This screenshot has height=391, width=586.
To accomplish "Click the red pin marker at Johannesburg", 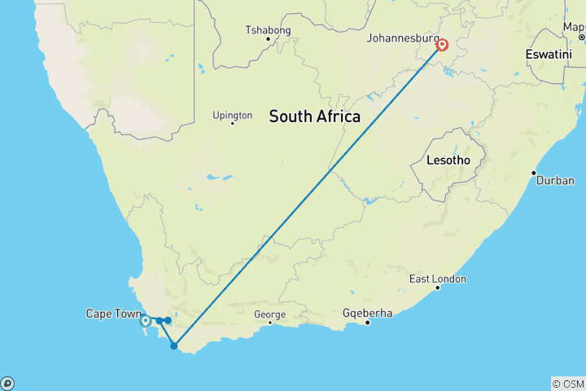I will pos(442,45).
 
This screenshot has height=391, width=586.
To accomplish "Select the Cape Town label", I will pos(111,314).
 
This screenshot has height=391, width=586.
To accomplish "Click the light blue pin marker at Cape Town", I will pos(145,321).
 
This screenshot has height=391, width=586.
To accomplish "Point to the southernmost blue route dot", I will pos(173,346).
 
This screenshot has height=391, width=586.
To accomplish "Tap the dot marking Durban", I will pos(534,173).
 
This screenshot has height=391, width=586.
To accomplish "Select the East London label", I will pos(438,279).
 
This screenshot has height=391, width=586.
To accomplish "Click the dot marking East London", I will pos(437,288).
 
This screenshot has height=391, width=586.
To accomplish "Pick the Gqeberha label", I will pos(368,314).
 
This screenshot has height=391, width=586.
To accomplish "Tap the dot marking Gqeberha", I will pos(368,323).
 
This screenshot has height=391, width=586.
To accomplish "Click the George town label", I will pos(269,314).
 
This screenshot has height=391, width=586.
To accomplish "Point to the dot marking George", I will pos(269,323).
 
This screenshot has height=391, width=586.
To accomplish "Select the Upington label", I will pos(232,116).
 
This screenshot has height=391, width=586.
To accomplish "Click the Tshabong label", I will pos(268,31).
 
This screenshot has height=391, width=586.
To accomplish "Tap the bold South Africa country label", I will pos(315,116).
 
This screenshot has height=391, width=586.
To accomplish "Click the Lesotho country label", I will pos(448,161).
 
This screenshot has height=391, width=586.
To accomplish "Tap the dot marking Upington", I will pos(232,124).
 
